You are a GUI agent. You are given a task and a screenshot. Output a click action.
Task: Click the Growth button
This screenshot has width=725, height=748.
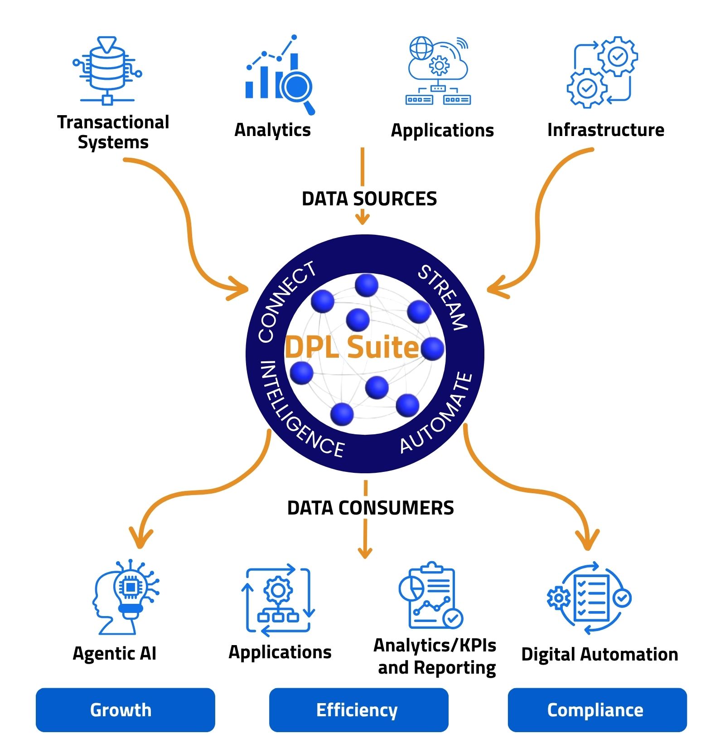[125, 709]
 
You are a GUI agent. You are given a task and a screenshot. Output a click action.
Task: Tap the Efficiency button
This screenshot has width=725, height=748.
[358, 709]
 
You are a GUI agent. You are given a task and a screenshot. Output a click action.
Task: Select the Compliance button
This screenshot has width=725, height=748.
[597, 709]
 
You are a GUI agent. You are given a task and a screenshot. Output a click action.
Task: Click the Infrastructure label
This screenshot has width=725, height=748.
[605, 130]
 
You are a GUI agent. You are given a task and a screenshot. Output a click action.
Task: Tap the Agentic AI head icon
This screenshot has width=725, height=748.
[125, 596]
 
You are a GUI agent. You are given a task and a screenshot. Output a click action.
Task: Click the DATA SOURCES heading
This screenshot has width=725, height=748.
[369, 199]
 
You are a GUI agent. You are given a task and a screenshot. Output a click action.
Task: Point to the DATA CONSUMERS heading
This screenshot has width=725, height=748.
[370, 508]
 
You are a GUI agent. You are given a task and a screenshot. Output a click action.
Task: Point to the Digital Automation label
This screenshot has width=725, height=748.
[599, 654]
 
